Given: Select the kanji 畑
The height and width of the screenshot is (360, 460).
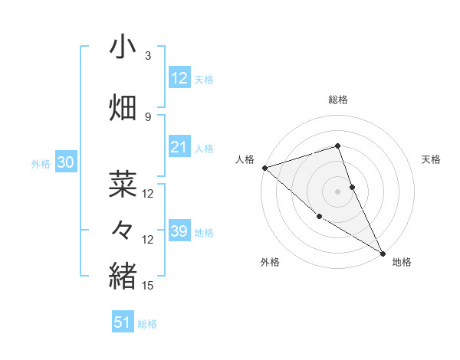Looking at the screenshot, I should point(122,108).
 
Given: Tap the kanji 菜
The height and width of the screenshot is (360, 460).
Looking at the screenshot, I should point(122,184).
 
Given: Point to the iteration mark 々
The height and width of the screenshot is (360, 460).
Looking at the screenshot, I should point(122,231).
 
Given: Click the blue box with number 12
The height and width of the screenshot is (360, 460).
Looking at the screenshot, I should point(179,78).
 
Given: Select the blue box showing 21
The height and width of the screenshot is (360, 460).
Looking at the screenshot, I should point(179,148).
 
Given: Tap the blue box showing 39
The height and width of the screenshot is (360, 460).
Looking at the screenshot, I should point(179,231).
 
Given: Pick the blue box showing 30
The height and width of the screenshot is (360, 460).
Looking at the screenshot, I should point(65,162).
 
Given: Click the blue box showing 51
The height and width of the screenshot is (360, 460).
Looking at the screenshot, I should point(123,322).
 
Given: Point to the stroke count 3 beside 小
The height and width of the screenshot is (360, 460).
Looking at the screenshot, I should point(148,56).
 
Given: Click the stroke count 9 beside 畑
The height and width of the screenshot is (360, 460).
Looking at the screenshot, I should point(148,116).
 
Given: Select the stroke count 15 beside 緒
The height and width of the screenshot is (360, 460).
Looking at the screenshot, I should point(148,286).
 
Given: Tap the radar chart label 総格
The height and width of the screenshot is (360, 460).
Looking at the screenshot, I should point(338,100).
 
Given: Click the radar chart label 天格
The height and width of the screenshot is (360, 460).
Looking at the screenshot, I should point(431,159).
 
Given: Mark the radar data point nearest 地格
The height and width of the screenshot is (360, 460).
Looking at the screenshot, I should point(383,253).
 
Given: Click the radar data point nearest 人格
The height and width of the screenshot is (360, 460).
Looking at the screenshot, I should point(264,167).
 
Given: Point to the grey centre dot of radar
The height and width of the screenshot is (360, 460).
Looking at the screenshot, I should point(338,191).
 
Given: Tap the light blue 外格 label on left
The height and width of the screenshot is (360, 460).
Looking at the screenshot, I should point(41,163).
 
